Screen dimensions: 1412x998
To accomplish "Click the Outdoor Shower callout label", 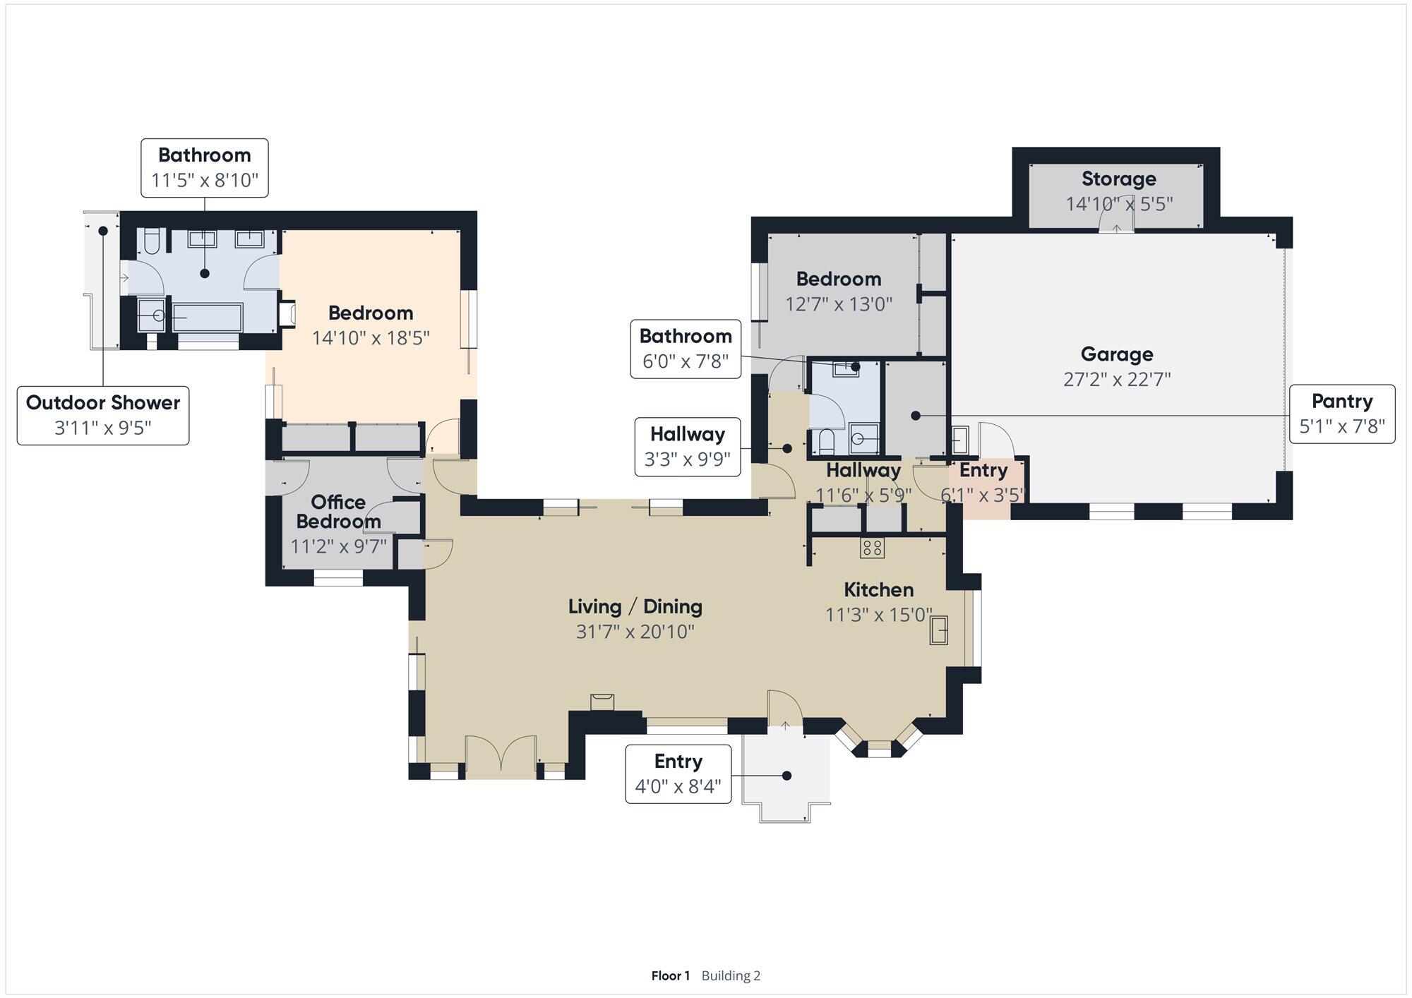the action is tap(103, 415).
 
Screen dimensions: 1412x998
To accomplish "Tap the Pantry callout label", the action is tap(1342, 414).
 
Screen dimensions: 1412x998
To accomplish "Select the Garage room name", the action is tap(1117, 354).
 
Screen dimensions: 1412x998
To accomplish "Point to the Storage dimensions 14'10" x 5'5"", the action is tap(1119, 204).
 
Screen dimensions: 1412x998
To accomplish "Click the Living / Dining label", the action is tap(635, 606).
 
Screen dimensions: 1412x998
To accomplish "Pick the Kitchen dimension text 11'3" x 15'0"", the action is tap(879, 615).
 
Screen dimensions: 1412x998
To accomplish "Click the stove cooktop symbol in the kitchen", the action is tap(872, 548).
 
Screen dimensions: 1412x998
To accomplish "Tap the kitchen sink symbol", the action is tap(938, 630).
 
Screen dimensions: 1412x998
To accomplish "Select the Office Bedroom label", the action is tap(338, 512).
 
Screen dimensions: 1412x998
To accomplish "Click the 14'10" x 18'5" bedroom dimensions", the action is tap(371, 338).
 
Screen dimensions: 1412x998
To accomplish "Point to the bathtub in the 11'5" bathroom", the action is tap(208, 318).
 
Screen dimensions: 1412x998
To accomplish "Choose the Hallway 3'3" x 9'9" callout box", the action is tap(688, 447).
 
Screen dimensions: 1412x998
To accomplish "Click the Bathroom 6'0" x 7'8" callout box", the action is tap(686, 349).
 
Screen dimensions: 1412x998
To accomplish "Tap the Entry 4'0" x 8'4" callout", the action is tap(678, 774).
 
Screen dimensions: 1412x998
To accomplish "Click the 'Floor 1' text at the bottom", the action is tap(670, 976).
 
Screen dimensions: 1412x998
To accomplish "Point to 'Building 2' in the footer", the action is tap(731, 976).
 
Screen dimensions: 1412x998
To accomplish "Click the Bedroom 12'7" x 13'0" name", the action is tap(839, 279).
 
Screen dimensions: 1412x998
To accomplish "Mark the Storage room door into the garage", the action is tap(1116, 222).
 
